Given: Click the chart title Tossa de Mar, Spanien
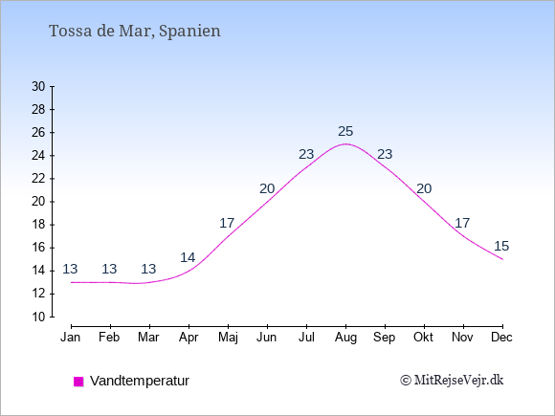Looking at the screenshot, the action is click(135, 32).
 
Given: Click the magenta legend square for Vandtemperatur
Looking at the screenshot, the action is click(78, 382).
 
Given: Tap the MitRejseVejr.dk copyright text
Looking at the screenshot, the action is click(452, 381).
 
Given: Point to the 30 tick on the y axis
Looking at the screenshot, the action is click(38, 86).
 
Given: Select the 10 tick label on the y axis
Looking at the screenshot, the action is click(38, 317).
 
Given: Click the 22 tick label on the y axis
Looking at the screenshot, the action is click(38, 179).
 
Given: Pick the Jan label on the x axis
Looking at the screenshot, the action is click(71, 338).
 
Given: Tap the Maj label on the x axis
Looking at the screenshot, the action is click(228, 338).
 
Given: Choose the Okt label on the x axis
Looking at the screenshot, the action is click(423, 338).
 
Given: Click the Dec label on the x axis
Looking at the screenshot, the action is click(501, 338).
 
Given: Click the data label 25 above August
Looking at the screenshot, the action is click(345, 131).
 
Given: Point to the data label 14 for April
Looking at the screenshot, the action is click(188, 257).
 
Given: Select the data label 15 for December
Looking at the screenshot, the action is click(501, 246).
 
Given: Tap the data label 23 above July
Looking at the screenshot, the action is click(306, 154).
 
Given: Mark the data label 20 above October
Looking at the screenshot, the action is click(424, 189).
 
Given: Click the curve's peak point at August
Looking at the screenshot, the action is click(345, 144).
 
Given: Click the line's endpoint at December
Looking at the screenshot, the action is click(502, 259).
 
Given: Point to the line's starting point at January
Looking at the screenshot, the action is click(72, 282).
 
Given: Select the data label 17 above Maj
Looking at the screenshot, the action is click(227, 223).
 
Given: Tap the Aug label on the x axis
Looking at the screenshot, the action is click(345, 338).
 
